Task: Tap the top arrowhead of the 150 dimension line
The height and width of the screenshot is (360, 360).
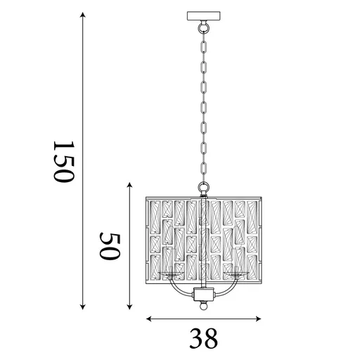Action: (x=83, y=15)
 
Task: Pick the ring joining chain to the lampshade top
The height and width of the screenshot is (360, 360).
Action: (x=204, y=186)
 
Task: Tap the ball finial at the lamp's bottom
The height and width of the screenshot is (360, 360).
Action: (x=204, y=307)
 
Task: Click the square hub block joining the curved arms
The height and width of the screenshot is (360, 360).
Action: (x=204, y=293)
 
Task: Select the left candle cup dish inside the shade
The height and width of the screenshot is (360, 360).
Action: (x=169, y=274)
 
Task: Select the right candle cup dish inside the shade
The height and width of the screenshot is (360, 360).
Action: (x=239, y=274)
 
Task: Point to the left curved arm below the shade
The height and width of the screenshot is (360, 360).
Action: (x=176, y=288)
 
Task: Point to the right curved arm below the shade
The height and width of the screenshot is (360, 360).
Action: (x=231, y=288)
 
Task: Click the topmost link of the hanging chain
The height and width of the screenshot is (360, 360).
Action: (x=204, y=41)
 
